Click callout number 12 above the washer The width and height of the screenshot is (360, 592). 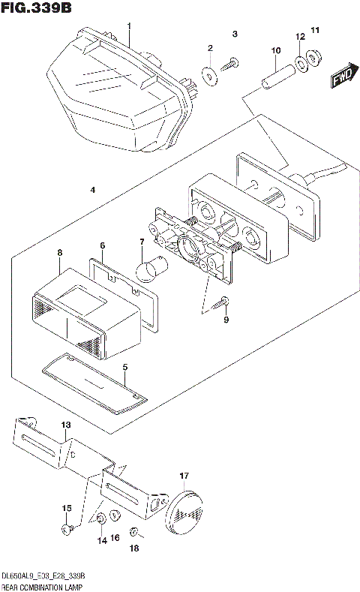pyautogui.click(x=300, y=36)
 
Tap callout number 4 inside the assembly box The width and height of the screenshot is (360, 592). pyautogui.click(x=91, y=191)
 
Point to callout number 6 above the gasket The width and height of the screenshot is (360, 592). pyautogui.click(x=103, y=245)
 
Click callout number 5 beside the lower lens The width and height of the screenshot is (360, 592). pyautogui.click(x=125, y=367)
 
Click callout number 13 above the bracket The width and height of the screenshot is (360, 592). pyautogui.click(x=65, y=425)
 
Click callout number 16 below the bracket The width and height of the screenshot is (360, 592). pyautogui.click(x=115, y=538)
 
